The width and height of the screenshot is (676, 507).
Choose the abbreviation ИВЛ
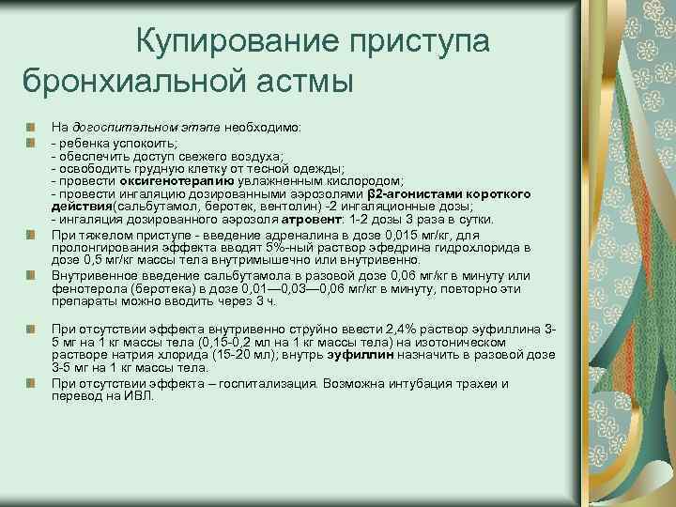coord(139,396)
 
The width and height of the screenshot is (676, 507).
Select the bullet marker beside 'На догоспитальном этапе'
coord(31,125)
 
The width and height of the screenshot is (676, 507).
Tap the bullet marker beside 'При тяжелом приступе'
coord(31,234)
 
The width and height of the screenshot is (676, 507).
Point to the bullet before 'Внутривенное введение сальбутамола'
coord(31,276)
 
